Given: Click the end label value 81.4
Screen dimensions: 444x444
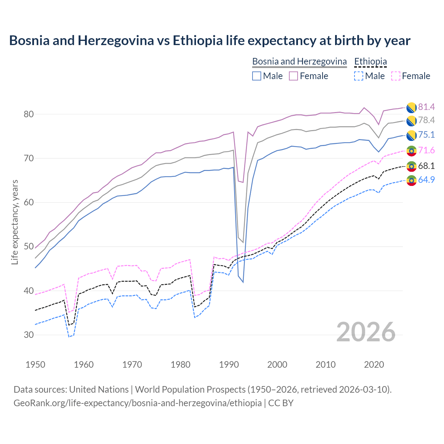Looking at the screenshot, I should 426,107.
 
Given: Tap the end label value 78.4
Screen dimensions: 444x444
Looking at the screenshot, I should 426,120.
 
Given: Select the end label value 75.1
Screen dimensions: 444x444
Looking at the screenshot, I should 426,135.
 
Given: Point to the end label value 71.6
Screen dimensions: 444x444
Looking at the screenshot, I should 426,151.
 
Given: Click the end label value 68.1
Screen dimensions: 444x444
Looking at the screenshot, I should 426,166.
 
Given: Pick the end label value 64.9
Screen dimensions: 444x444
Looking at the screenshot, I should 426,180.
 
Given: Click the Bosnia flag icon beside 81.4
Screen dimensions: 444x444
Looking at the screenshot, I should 411,108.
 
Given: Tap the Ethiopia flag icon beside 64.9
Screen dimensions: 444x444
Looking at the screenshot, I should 411,180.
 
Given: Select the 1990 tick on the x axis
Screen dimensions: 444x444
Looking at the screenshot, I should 229,365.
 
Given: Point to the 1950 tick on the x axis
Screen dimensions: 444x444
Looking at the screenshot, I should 35,365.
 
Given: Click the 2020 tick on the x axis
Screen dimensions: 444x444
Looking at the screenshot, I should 374,365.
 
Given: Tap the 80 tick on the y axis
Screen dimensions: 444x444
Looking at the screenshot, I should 29,114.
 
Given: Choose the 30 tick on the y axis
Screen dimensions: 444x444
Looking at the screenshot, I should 29,335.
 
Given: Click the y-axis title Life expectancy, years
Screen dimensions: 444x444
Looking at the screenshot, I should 15,222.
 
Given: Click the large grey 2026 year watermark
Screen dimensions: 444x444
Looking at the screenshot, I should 366,332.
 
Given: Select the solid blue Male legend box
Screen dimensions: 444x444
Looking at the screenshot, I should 257,76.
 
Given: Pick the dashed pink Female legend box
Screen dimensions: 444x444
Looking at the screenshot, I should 395,76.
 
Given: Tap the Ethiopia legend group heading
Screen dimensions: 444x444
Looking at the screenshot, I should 370,61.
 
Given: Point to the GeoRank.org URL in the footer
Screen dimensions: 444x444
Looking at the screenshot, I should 137,403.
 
